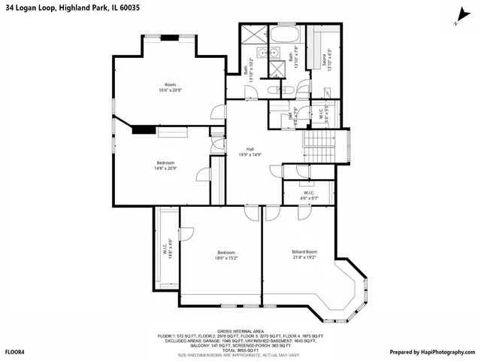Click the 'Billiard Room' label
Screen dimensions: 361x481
click(304, 254)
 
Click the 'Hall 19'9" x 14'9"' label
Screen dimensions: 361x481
click(250, 152)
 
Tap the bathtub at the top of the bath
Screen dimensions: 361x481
click(285, 35)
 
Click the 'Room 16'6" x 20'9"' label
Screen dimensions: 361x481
click(170, 87)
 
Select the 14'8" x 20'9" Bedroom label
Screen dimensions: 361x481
click(165, 165)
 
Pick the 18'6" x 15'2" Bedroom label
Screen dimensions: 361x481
click(226, 255)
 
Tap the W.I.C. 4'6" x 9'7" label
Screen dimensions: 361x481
click(309, 196)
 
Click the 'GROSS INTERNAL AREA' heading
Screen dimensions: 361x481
click(240, 330)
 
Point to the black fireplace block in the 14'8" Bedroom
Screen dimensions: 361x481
click(144, 129)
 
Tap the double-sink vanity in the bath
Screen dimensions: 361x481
click(264, 53)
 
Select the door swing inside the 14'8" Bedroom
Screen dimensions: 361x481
click(201, 175)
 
